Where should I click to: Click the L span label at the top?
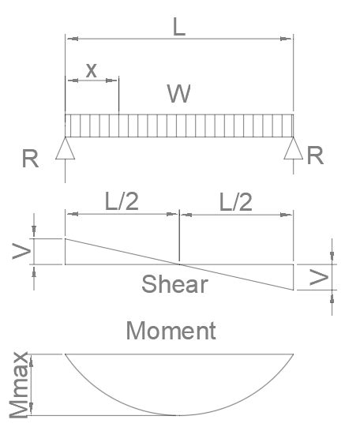coord(179,27)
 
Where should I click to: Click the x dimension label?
coord(92,70)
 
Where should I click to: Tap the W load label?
coord(179,94)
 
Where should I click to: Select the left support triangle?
coord(65,148)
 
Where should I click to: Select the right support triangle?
coord(294,148)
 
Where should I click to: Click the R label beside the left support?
coord(30,159)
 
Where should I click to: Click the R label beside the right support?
coord(315,155)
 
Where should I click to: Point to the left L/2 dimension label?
coord(122,201)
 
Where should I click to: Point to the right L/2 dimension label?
coord(236,202)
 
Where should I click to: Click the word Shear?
coord(174,284)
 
